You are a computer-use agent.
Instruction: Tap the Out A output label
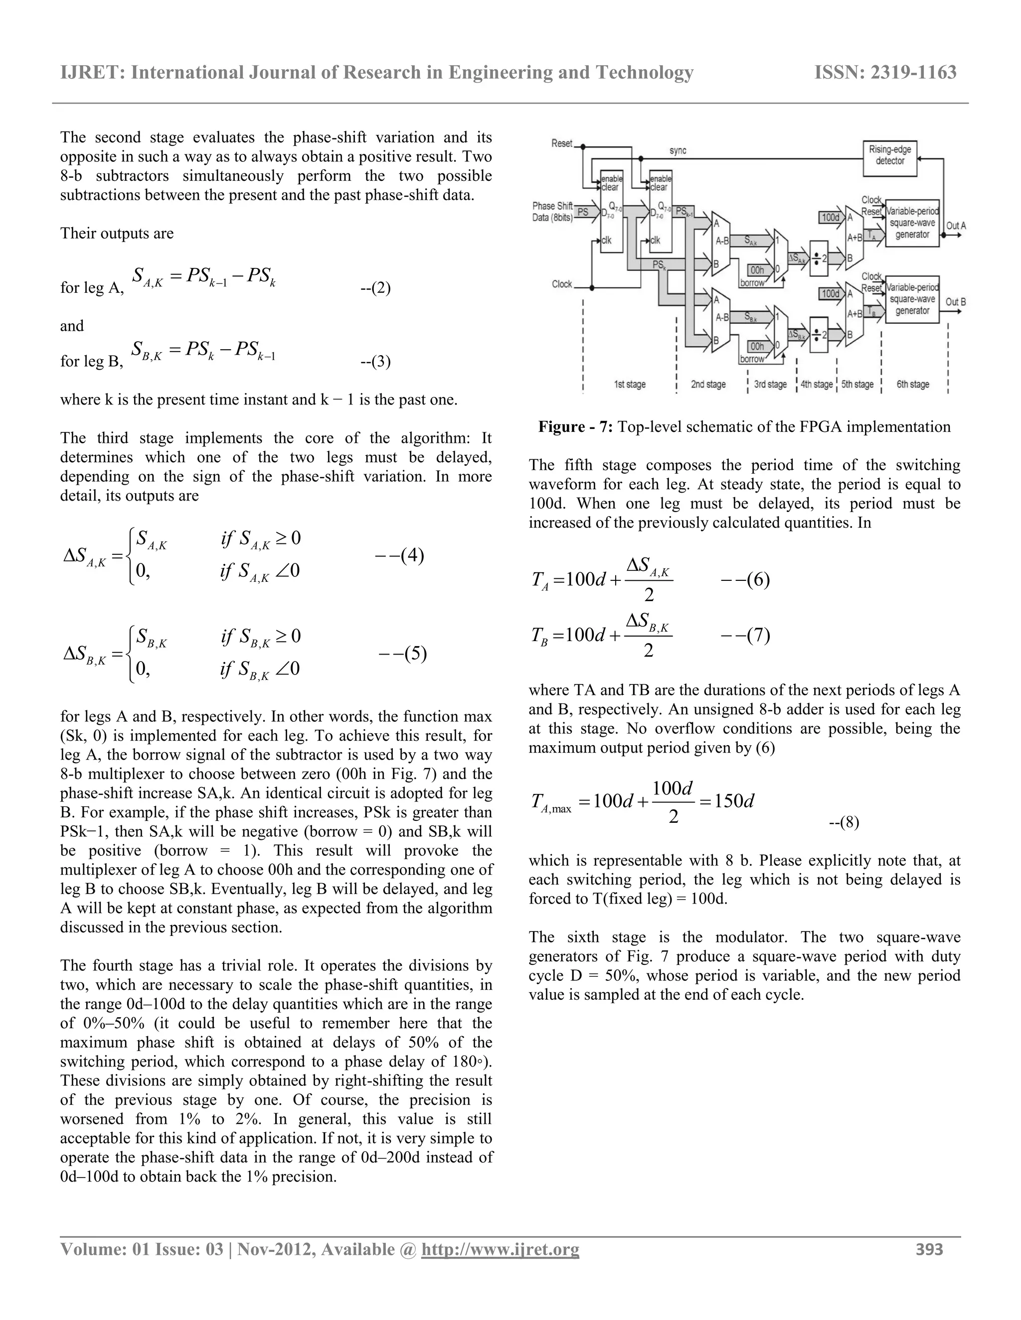pyautogui.click(x=956, y=226)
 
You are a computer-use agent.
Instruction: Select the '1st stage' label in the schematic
pyautogui.click(x=630, y=385)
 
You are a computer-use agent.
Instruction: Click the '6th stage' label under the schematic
pyautogui.click(x=912, y=385)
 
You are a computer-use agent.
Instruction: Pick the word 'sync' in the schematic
pyautogui.click(x=678, y=150)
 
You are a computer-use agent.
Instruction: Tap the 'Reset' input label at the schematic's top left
pyautogui.click(x=561, y=143)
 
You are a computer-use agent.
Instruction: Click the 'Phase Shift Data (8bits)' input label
pyautogui.click(x=552, y=212)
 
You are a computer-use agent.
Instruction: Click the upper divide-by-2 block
pyautogui.click(x=819, y=258)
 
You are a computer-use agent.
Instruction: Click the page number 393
pyautogui.click(x=929, y=1249)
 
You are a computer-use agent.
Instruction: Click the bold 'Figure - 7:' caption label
pyautogui.click(x=576, y=427)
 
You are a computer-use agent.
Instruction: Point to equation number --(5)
pyautogui.click(x=403, y=654)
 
